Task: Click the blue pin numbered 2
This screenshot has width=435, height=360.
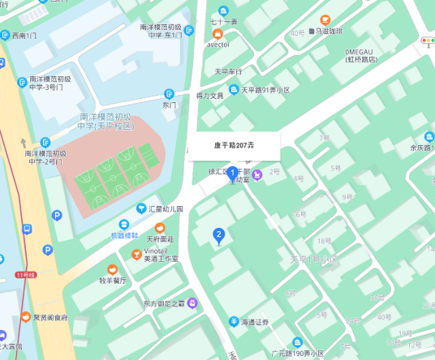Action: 217,235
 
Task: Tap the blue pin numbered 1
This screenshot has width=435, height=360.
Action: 232,173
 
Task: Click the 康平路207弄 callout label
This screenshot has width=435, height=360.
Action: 234,146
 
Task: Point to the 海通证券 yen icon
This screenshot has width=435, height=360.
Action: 233,322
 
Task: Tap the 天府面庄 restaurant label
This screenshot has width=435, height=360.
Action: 160,239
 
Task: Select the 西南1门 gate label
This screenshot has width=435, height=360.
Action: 24,36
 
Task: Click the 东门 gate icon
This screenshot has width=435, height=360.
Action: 170,93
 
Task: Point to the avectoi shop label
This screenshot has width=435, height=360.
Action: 218,45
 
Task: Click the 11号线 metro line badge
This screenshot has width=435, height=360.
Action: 26,275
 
